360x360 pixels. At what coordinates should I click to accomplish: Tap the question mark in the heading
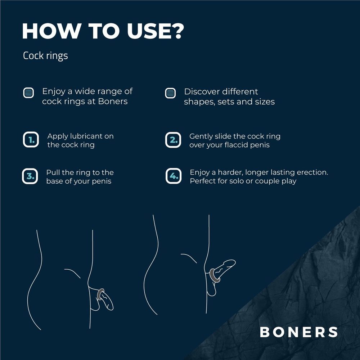(x=175, y=31)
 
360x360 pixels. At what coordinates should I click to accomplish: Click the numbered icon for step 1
(x=31, y=140)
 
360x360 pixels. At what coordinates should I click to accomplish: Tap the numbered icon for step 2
(x=173, y=140)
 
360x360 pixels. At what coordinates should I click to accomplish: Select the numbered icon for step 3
(x=30, y=176)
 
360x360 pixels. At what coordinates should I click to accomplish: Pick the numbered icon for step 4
(x=173, y=176)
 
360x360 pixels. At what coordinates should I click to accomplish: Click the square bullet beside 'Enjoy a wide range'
(x=28, y=93)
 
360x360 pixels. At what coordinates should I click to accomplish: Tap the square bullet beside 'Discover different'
(x=170, y=93)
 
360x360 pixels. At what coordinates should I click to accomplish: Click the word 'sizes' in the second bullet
(x=264, y=102)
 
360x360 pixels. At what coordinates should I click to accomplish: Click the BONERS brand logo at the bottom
(x=299, y=332)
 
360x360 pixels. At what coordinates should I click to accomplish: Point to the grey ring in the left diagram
(x=100, y=295)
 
